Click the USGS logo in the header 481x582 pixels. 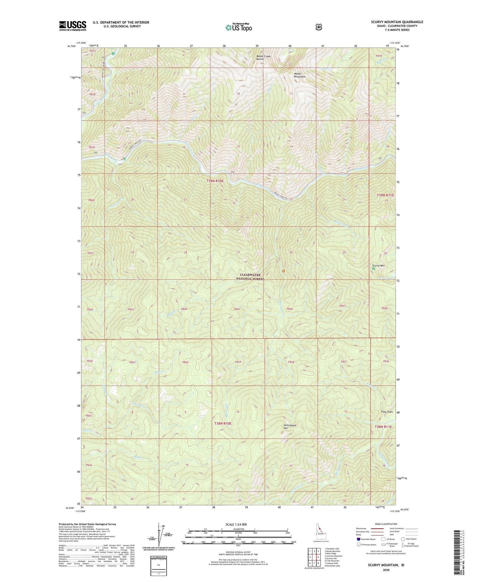tap(73, 26)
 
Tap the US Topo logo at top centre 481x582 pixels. tap(238, 27)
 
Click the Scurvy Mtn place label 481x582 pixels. tap(378, 266)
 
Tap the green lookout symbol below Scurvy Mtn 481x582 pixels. tap(373, 269)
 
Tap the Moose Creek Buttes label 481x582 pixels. tap(263, 58)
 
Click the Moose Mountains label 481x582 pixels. tap(299, 75)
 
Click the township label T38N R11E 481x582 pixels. tap(384, 427)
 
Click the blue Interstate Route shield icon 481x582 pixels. tap(358, 539)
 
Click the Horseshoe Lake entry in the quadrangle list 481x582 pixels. tap(334, 566)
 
